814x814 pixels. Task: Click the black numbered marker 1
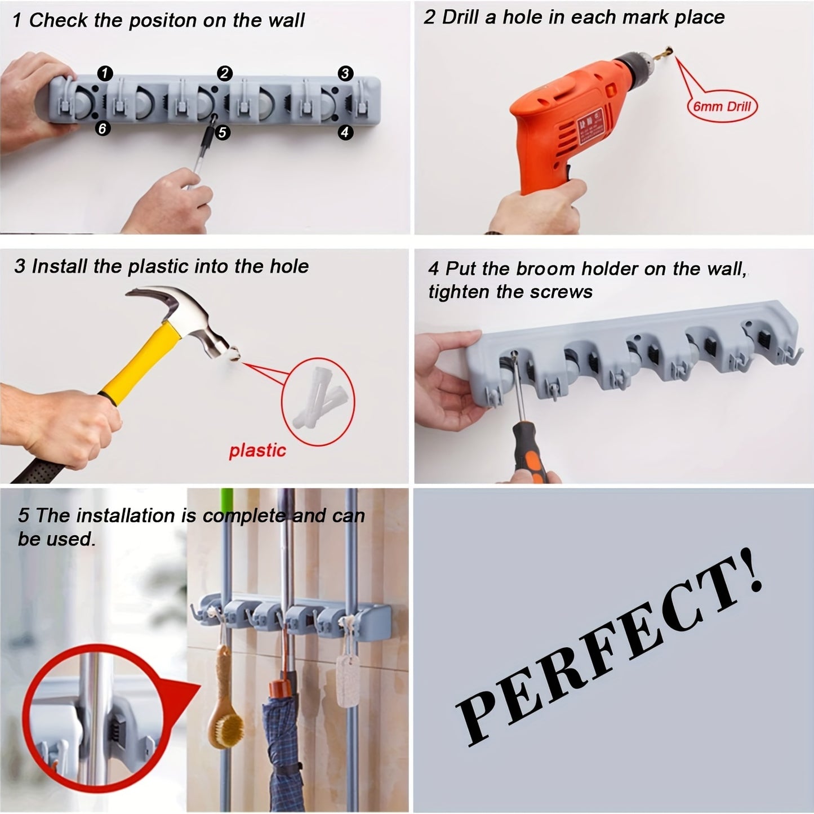tap(105, 73)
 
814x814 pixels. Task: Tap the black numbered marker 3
tap(345, 73)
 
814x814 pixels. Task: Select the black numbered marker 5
tap(223, 132)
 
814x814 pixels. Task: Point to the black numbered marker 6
tap(102, 128)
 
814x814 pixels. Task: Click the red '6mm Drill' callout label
tap(722, 106)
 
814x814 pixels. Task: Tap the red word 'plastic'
tap(257, 450)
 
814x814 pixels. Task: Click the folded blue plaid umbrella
tap(282, 749)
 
